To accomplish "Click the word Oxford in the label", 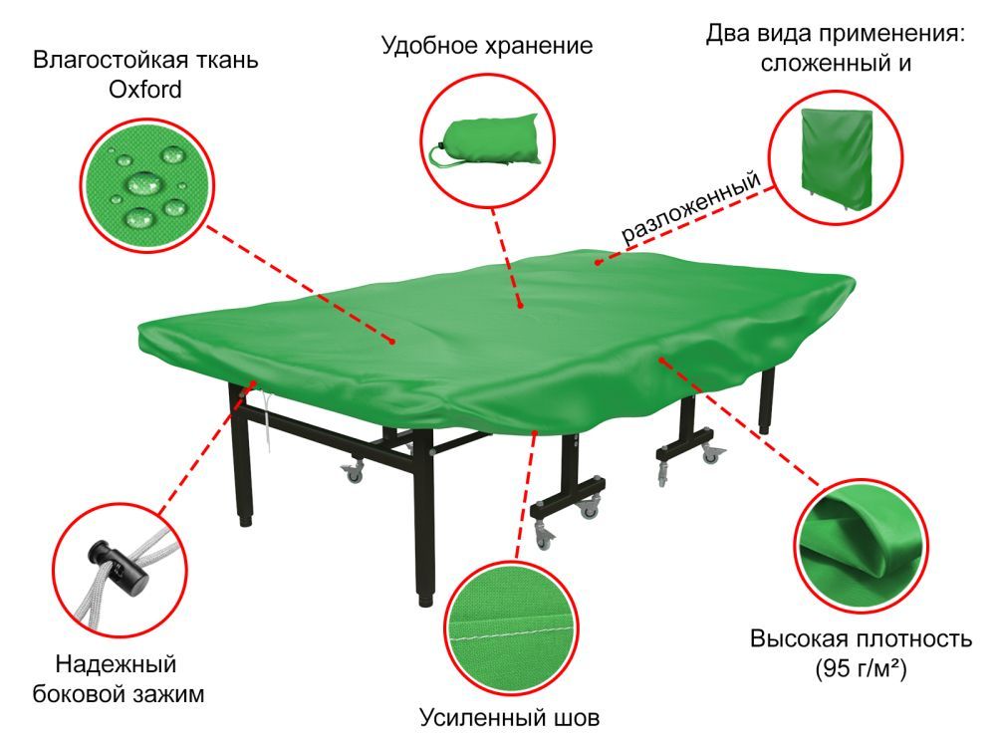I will click(145, 89).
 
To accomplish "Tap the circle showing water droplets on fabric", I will click(146, 183).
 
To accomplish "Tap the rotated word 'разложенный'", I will click(692, 208).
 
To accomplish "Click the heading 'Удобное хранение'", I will click(487, 46).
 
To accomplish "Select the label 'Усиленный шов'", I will click(511, 717).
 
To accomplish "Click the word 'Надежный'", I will click(116, 663).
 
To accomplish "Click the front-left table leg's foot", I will click(425, 599).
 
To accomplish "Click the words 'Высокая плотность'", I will click(860, 637).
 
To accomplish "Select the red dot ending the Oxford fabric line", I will click(394, 342).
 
